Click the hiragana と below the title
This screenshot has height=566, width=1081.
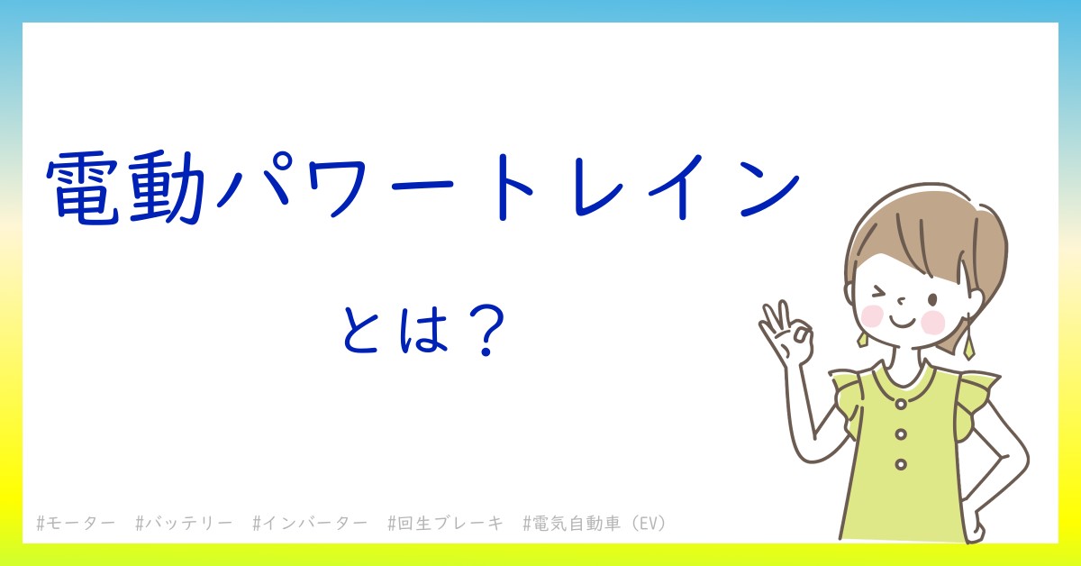click(x=362, y=333)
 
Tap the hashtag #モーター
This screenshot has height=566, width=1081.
click(x=76, y=524)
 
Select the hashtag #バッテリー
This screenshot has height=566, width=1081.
click(x=184, y=524)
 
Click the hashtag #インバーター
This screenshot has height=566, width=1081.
click(x=310, y=524)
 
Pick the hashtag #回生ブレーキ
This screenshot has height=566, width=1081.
click(x=445, y=524)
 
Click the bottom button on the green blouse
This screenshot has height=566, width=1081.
click(x=900, y=464)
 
